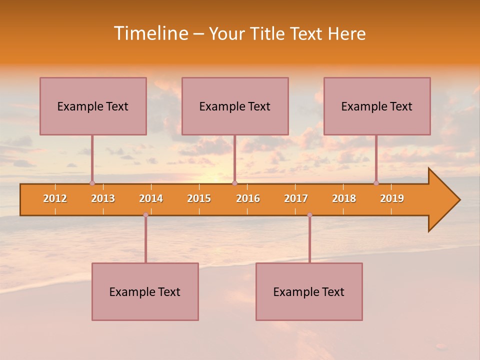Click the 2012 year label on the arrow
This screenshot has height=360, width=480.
pyautogui.click(x=55, y=198)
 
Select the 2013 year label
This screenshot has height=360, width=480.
pyautogui.click(x=103, y=198)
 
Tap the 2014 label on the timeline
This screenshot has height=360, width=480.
pyautogui.click(x=151, y=198)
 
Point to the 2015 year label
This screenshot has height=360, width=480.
pyautogui.click(x=199, y=198)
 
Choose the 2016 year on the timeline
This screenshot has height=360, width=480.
pyautogui.click(x=248, y=198)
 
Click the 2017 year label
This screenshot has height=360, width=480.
pyautogui.click(x=296, y=198)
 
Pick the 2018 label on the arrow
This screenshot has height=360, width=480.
pyautogui.click(x=344, y=198)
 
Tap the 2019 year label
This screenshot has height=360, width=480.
pyautogui.click(x=392, y=198)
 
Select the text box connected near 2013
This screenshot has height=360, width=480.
pyautogui.click(x=93, y=106)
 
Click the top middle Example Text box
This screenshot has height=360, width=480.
pyautogui.click(x=235, y=106)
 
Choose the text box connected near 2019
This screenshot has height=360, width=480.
pyautogui.click(x=377, y=106)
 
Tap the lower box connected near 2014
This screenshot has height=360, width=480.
pyautogui.click(x=145, y=291)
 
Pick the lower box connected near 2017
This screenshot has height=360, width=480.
pyautogui.click(x=309, y=291)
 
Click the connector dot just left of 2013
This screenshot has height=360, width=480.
pyautogui.click(x=92, y=183)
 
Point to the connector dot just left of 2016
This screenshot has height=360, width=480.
pyautogui.click(x=234, y=183)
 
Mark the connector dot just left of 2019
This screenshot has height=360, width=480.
pyautogui.click(x=376, y=183)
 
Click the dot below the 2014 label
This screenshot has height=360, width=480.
pyautogui.click(x=145, y=215)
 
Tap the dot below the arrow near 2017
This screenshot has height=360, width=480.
pyautogui.click(x=309, y=215)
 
